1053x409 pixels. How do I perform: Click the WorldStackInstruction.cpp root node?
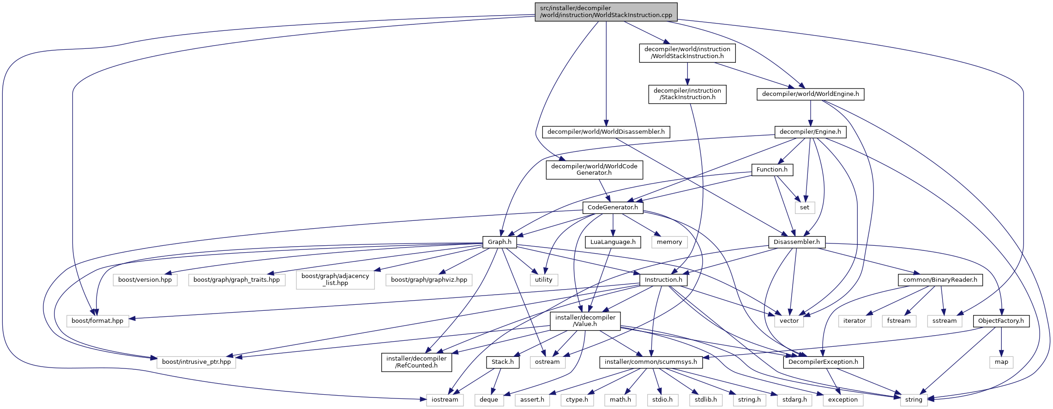coord(606,12)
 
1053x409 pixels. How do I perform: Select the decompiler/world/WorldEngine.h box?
coord(810,94)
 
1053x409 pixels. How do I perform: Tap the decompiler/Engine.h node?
coord(810,132)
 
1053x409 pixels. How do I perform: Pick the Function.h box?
coord(772,170)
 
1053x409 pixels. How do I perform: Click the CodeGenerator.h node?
coord(613,207)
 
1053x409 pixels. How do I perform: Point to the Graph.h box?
coord(499,242)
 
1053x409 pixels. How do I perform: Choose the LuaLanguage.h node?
coord(613,242)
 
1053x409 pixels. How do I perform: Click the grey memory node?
coord(669,242)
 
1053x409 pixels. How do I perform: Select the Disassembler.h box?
coord(796,242)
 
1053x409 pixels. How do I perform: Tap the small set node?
coord(805,207)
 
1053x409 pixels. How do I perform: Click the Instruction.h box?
coord(663,280)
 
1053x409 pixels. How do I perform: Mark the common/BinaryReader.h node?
coord(940,280)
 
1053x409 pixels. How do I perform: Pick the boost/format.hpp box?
coord(97,321)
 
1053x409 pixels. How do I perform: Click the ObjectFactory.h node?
coord(1000,321)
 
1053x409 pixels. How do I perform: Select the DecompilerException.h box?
coord(823,362)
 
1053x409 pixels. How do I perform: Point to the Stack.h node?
coord(502,362)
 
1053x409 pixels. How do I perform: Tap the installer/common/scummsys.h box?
coord(650,362)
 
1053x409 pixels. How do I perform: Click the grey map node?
coord(1001,362)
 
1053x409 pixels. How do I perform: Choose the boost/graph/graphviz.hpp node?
coord(429,280)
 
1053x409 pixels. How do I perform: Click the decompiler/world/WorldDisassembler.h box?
coord(606,132)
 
